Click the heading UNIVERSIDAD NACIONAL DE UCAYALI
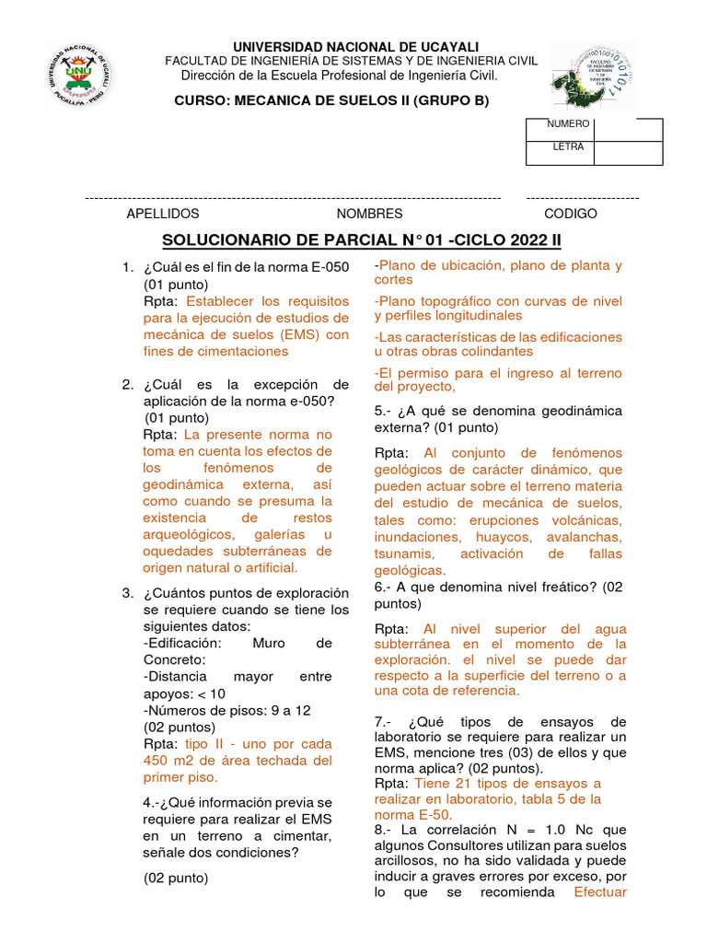[x=355, y=46]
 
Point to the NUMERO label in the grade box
[x=568, y=123]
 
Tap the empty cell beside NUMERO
[x=628, y=129]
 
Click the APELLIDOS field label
[x=162, y=214]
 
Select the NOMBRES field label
[x=369, y=214]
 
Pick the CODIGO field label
[x=571, y=214]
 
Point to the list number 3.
[x=127, y=593]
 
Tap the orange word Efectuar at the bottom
[x=600, y=891]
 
